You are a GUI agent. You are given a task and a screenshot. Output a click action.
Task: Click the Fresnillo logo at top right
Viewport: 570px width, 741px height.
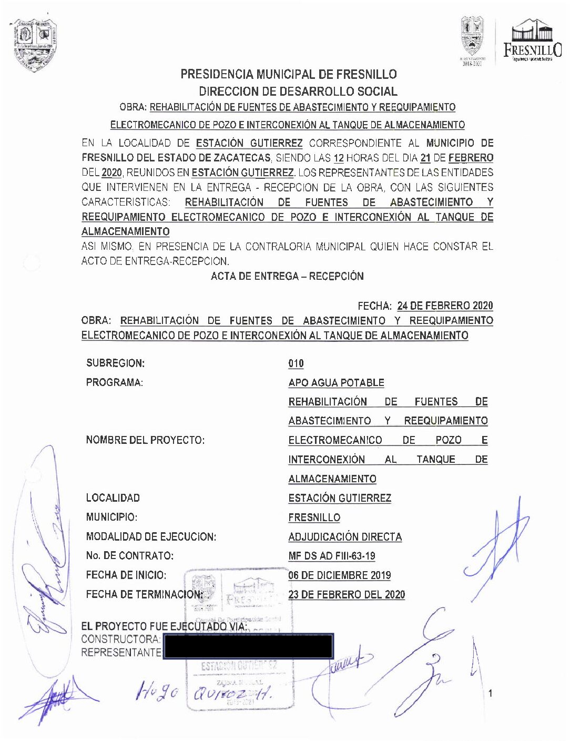(x=532, y=40)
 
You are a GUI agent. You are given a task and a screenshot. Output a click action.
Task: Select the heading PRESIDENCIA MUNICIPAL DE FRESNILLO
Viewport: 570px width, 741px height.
(x=289, y=74)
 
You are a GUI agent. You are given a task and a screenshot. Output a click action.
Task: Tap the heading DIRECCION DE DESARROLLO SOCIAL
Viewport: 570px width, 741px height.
(x=298, y=91)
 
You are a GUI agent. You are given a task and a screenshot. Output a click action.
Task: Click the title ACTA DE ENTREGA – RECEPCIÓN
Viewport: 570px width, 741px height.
(x=287, y=276)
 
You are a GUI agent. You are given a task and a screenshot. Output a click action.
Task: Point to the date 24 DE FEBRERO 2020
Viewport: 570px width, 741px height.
(x=445, y=306)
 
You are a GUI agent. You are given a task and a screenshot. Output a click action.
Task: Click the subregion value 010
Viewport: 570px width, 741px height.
(x=296, y=363)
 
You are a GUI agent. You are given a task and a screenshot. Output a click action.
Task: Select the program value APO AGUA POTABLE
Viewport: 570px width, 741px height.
(x=336, y=383)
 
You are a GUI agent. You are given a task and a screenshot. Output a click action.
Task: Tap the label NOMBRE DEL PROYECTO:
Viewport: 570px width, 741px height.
(x=145, y=440)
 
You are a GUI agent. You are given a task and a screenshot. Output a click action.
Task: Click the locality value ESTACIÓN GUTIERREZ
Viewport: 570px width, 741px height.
(x=340, y=498)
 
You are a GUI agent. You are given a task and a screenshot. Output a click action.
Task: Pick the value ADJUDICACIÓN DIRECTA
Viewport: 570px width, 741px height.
(x=345, y=537)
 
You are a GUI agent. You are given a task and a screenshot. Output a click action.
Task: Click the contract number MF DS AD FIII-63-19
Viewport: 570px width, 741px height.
(x=332, y=556)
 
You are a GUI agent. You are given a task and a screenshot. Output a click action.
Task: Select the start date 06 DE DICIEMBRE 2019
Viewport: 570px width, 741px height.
(x=340, y=575)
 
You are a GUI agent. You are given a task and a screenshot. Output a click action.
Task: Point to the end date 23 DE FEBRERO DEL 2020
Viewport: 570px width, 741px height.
(x=347, y=595)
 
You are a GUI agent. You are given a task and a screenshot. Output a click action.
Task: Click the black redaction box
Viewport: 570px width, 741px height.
(x=248, y=646)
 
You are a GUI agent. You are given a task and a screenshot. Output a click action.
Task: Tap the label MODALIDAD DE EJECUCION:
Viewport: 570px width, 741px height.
(x=151, y=537)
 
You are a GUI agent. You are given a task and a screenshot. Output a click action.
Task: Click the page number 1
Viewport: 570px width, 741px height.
(x=491, y=694)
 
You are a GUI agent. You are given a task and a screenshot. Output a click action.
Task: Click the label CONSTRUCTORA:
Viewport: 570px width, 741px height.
(x=121, y=639)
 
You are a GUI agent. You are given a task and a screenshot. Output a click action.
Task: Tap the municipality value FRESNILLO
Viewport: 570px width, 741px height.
(x=314, y=517)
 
